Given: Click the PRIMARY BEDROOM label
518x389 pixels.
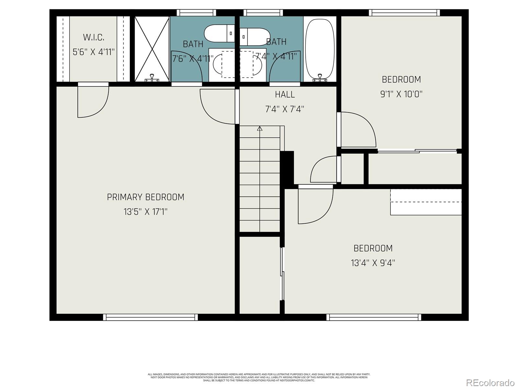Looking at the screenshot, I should click(145, 197).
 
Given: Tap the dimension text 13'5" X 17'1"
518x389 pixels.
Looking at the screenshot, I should click(145, 212).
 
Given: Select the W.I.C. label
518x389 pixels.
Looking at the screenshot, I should click(94, 38).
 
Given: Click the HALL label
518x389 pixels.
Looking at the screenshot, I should click(285, 95).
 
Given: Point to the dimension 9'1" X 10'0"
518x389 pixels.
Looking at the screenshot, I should click(401, 94).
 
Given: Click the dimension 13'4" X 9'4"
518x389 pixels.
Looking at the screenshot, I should click(373, 263).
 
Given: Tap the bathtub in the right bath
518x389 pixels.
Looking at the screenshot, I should click(320, 49).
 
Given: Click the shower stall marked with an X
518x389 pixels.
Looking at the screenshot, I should click(152, 49).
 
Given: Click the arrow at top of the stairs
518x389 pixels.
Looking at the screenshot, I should click(260, 129).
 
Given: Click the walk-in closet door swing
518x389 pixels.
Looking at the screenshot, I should click(93, 100).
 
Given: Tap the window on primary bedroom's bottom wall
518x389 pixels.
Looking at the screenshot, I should click(150, 317).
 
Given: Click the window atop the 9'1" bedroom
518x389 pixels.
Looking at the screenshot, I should click(404, 13).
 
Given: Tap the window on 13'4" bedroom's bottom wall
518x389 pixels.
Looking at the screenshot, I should click(374, 317).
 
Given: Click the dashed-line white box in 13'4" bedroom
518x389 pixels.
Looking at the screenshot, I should click(426, 202).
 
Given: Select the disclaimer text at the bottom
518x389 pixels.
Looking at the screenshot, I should click(259, 377).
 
